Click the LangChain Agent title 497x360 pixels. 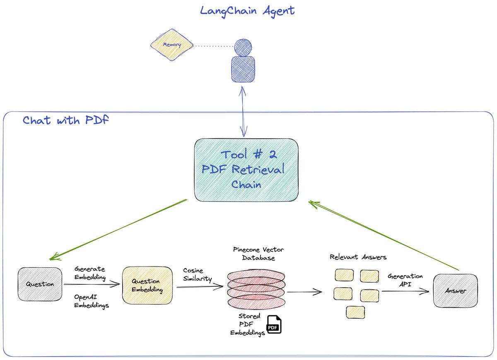click(x=247, y=10)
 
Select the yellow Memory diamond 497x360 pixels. click(x=171, y=45)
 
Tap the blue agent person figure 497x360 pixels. click(x=243, y=62)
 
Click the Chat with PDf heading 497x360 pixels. click(x=65, y=120)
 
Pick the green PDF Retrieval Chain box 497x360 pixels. click(x=246, y=170)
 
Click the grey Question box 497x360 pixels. click(x=40, y=284)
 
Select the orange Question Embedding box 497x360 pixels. click(x=147, y=285)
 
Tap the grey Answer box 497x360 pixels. click(x=455, y=291)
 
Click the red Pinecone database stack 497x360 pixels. click(x=256, y=290)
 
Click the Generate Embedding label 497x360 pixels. click(x=90, y=273)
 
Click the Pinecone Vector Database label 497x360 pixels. click(x=258, y=254)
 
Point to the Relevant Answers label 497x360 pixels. click(x=358, y=257)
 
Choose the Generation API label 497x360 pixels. click(x=405, y=280)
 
